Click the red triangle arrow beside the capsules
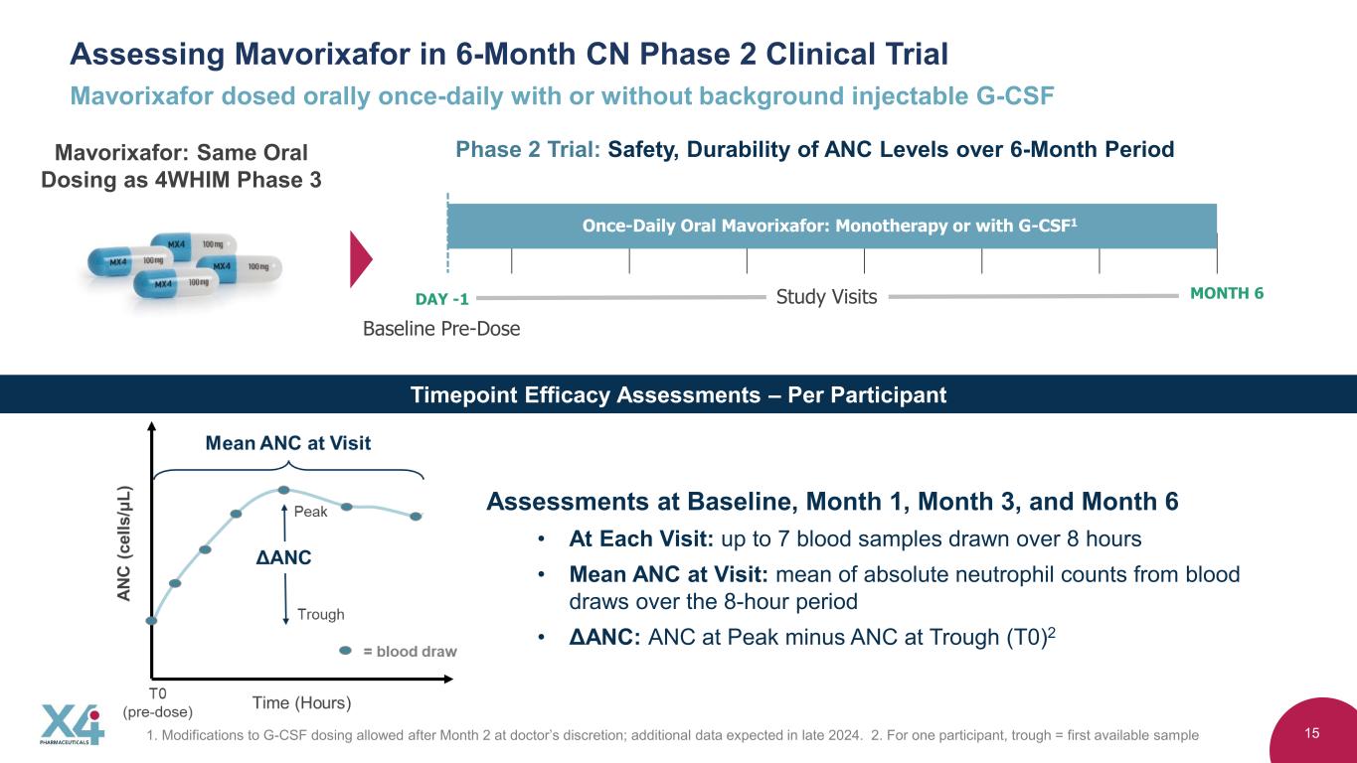[x=361, y=259]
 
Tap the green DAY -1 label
[x=441, y=299]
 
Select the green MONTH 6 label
[x=1227, y=294]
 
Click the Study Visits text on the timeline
[x=826, y=297]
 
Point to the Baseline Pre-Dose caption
[x=441, y=329]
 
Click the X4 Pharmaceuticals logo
[x=73, y=724]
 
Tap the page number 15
[x=1311, y=733]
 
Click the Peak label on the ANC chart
[x=310, y=512]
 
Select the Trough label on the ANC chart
[x=320, y=615]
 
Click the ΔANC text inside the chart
[x=283, y=557]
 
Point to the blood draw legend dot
[x=345, y=651]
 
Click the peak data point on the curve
[x=283, y=490]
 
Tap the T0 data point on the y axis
[x=152, y=620]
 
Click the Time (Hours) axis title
[x=301, y=703]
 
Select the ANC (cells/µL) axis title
[x=123, y=543]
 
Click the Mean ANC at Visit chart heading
[x=287, y=443]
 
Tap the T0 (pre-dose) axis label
[x=157, y=702]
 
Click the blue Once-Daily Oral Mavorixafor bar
[x=832, y=226]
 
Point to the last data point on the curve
[x=416, y=517]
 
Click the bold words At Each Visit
[x=641, y=538]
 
